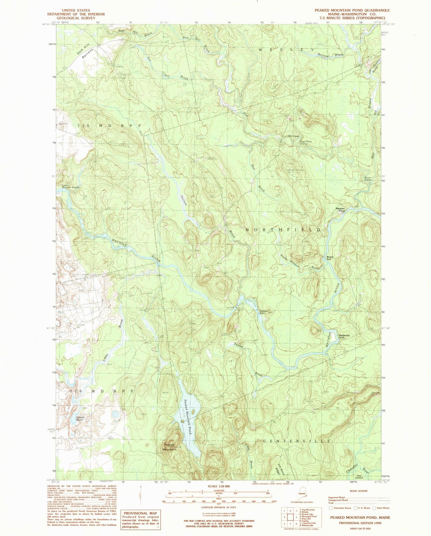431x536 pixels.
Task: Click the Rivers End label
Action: point(329,258)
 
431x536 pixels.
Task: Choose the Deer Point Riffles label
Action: point(306,142)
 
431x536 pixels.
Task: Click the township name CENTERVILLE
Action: point(296,440)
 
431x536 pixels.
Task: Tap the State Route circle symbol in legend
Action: point(374,508)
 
